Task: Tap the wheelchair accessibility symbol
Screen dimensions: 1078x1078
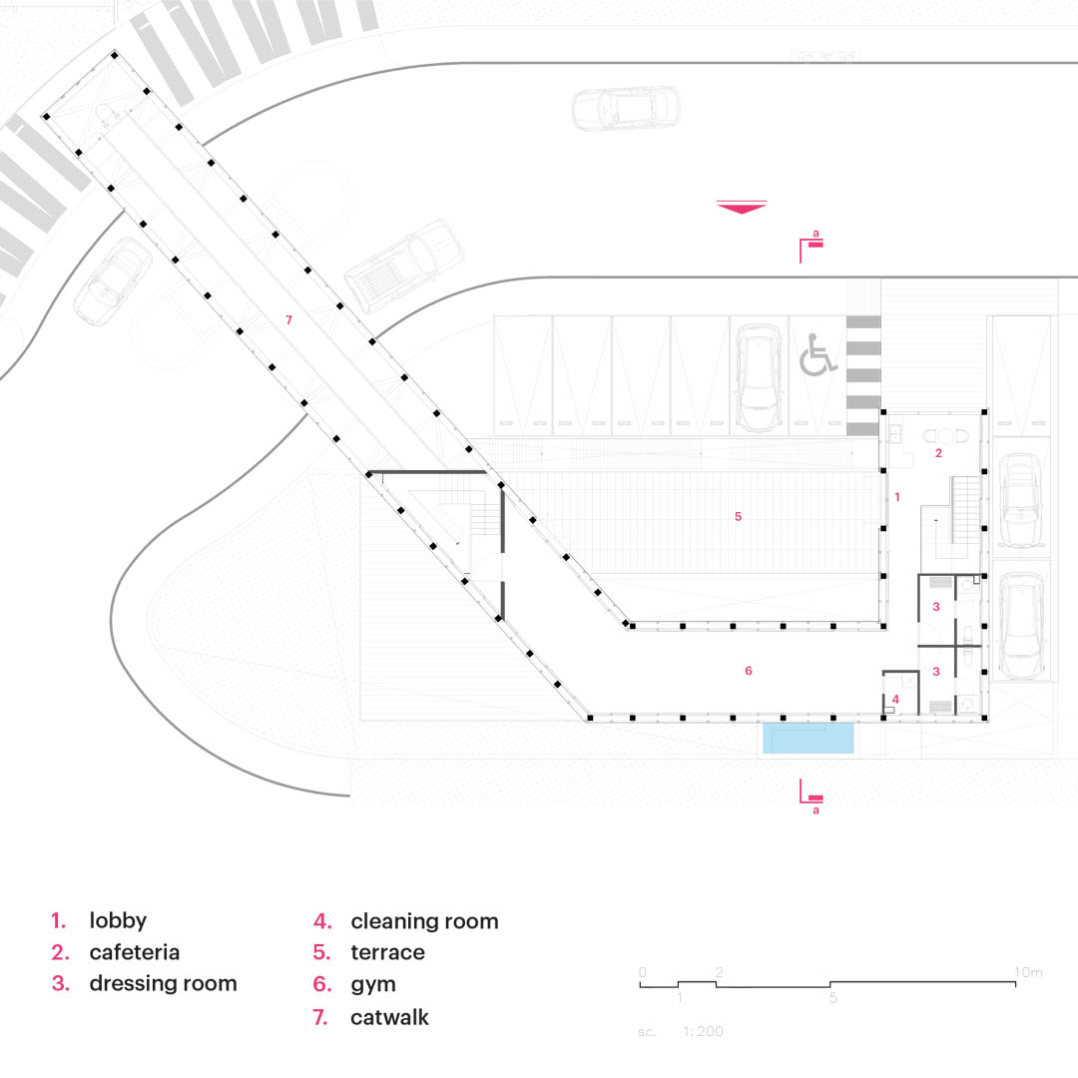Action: pyautogui.click(x=817, y=355)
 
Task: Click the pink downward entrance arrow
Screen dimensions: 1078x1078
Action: pyautogui.click(x=741, y=208)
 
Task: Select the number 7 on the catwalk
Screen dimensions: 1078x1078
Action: pyautogui.click(x=288, y=320)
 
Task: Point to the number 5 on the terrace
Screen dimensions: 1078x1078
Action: pyautogui.click(x=738, y=517)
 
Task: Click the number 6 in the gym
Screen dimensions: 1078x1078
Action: pyautogui.click(x=749, y=671)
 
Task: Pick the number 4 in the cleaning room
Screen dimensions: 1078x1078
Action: pyautogui.click(x=896, y=699)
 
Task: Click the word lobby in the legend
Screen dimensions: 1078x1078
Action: pyautogui.click(x=118, y=920)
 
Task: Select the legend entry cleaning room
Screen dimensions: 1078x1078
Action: pyautogui.click(x=424, y=921)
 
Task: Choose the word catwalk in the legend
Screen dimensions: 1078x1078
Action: pyautogui.click(x=389, y=1018)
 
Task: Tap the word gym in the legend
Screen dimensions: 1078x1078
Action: pyautogui.click(x=373, y=984)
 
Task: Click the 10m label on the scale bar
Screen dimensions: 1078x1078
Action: pyautogui.click(x=1028, y=972)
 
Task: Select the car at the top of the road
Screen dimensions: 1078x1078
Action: pyautogui.click(x=626, y=108)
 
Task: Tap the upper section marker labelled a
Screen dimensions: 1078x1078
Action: pyautogui.click(x=812, y=245)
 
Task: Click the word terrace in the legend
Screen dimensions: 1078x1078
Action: pyautogui.click(x=387, y=952)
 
